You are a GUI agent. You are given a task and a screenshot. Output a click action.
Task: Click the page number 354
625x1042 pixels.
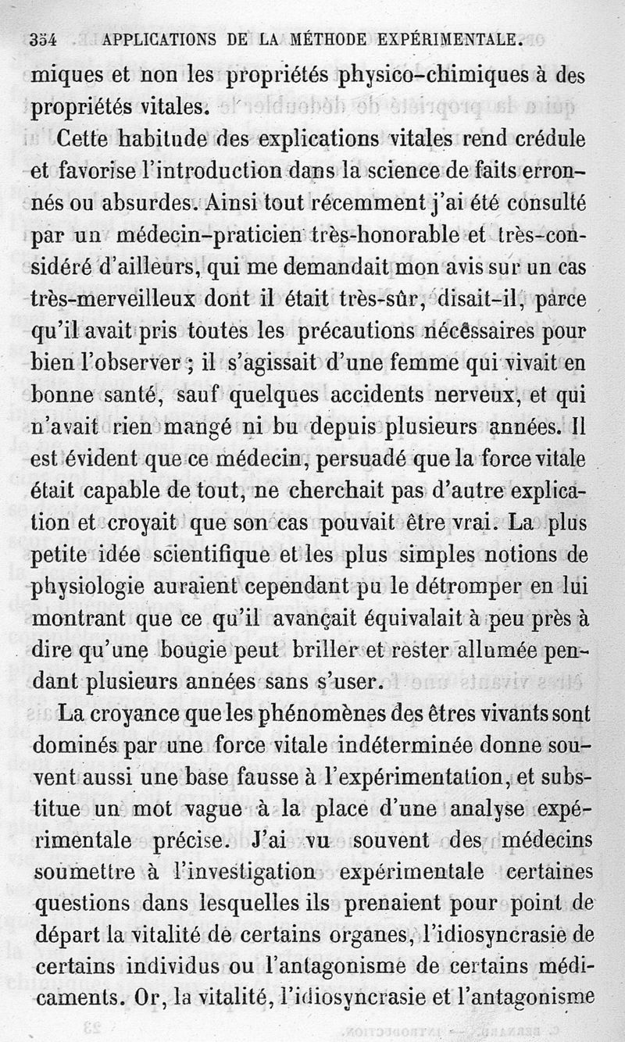tap(46, 39)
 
